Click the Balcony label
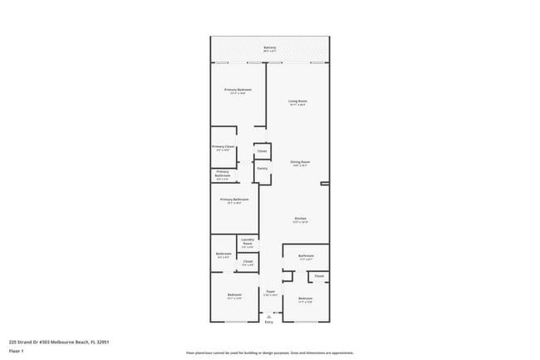coord(270,47)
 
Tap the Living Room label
coord(299,101)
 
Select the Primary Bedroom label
coord(238,90)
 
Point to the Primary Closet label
coord(223,146)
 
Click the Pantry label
coord(262,168)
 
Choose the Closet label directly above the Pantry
coord(262,151)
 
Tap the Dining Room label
coord(300,161)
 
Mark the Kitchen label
coord(300,219)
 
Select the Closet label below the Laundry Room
coord(248,263)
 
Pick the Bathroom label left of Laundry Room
coord(223,254)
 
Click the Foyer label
coord(270,292)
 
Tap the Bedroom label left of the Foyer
coord(235,295)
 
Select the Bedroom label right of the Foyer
coord(306,298)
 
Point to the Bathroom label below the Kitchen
coord(306,256)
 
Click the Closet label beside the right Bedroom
coord(319,276)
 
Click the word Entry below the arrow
coord(269,322)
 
